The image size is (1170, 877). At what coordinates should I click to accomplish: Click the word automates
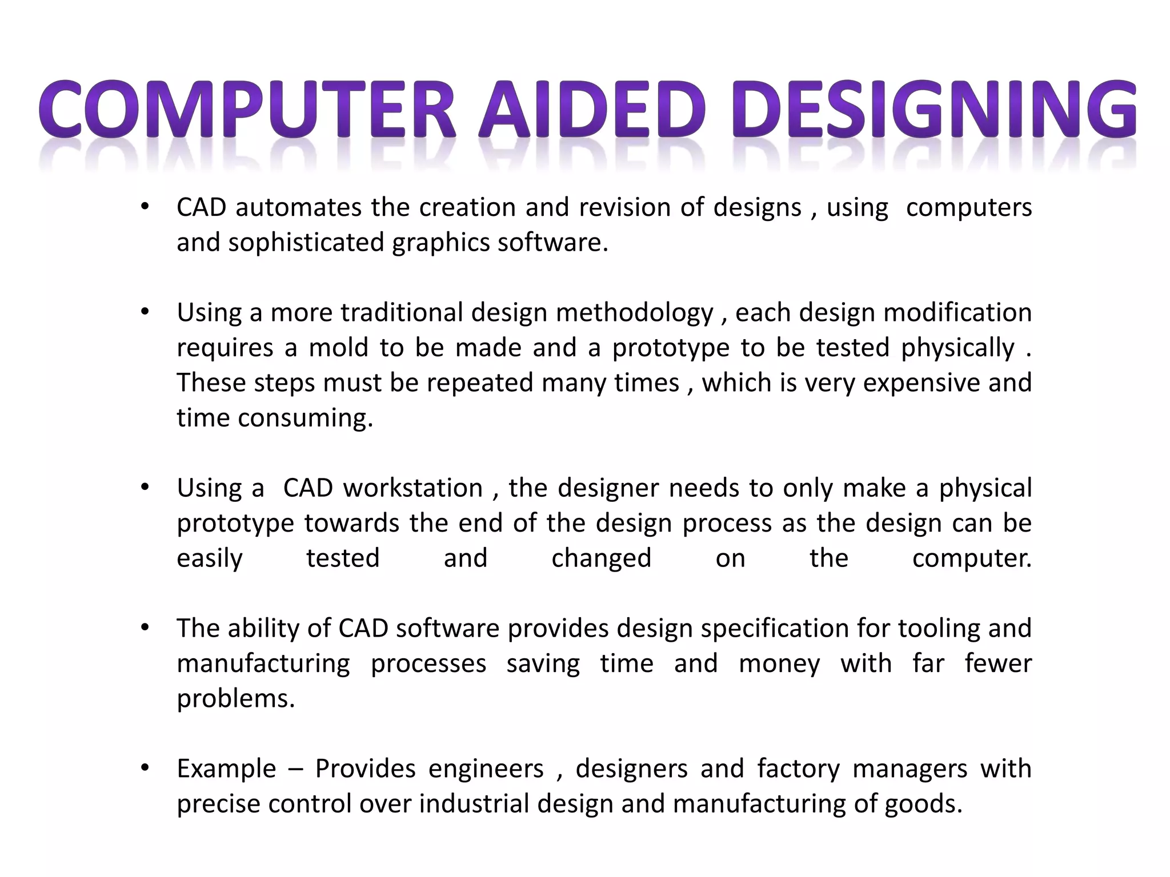tap(298, 207)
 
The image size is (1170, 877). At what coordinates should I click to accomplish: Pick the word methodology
tap(634, 313)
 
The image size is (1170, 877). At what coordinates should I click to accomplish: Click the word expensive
tap(921, 383)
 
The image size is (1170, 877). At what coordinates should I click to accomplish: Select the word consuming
tap(305, 418)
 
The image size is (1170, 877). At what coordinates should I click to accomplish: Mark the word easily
tap(210, 558)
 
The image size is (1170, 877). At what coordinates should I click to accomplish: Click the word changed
tap(601, 558)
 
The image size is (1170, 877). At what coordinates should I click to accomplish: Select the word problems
tap(235, 699)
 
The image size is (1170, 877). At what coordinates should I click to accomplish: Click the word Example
tap(226, 769)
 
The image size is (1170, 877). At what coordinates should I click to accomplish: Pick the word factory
tap(798, 769)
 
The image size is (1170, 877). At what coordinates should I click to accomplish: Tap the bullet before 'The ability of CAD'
tap(145, 627)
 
